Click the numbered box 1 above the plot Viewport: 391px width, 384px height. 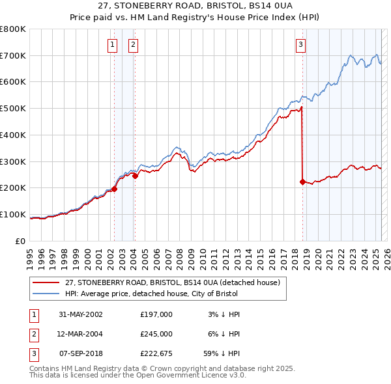(x=113, y=45)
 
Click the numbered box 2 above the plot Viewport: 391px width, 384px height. (x=133, y=45)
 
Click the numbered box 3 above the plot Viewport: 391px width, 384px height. (x=300, y=45)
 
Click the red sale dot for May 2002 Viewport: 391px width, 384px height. (x=114, y=189)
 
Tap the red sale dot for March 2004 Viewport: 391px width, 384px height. (x=135, y=176)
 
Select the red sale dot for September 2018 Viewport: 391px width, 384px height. (x=302, y=182)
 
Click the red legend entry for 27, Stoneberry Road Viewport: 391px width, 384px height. (x=173, y=282)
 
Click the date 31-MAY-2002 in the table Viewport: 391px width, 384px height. (x=81, y=314)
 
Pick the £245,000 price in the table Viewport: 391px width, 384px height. (x=156, y=334)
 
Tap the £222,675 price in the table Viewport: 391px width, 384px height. (x=156, y=354)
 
